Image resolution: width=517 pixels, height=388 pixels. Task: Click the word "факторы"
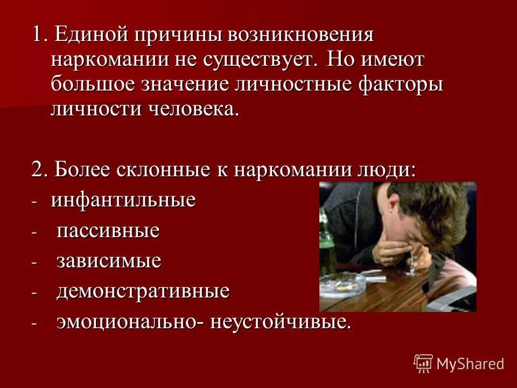tap(398, 85)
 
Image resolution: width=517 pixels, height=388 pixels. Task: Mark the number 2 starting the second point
tap(37, 169)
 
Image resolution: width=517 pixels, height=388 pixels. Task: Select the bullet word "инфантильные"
tap(123, 200)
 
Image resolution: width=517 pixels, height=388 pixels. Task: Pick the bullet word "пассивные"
tap(108, 231)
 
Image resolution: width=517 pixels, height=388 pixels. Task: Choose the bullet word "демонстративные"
tap(143, 292)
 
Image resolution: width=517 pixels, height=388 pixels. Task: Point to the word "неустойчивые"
tap(281, 322)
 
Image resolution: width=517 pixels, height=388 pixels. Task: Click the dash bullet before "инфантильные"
tap(35, 202)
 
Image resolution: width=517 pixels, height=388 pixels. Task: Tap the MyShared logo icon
tap(423, 363)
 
